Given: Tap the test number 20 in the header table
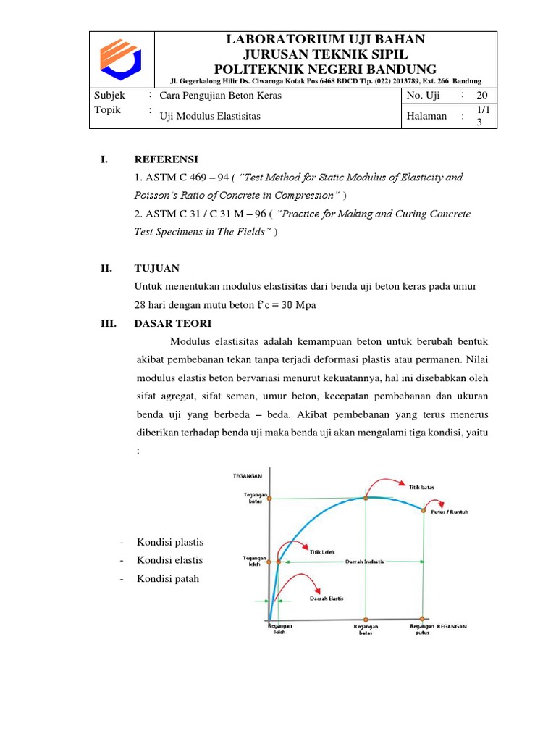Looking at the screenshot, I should [481, 96].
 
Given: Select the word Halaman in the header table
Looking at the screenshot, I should [426, 116].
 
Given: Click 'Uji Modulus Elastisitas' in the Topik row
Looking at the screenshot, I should [209, 115].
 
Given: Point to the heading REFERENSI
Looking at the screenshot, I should [166, 159].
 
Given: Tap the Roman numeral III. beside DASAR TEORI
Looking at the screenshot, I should [109, 323].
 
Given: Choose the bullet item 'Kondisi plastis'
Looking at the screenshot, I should [170, 542].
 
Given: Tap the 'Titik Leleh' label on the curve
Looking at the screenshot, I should [322, 551].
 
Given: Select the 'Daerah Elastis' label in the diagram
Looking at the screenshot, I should [327, 599].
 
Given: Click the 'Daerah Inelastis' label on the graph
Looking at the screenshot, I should [384, 562].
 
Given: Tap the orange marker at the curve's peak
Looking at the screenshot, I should [366, 498].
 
